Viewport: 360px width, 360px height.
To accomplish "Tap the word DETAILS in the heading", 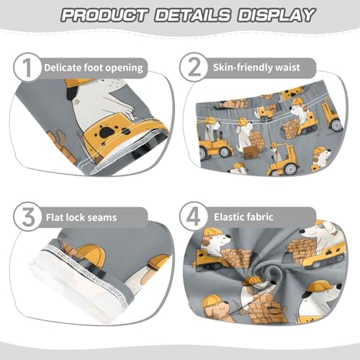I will coord(190,15).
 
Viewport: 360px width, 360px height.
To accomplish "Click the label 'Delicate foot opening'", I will coord(94,68).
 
